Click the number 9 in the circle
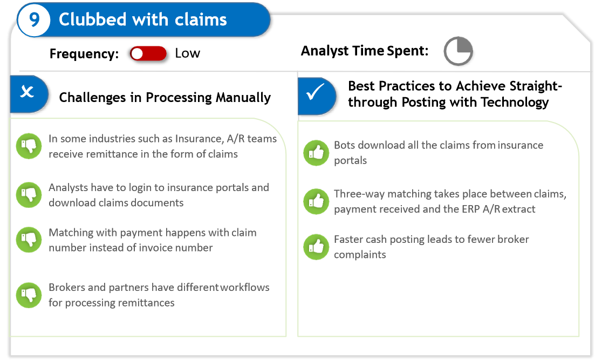34,20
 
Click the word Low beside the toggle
187,53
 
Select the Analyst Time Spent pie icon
458,52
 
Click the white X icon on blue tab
27,93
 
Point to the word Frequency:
84,54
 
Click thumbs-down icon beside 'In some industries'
29,146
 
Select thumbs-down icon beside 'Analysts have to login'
29,195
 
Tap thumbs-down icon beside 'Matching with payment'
29,240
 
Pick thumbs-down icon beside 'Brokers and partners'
29,295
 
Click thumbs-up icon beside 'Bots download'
316,153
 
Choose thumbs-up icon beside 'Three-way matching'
316,201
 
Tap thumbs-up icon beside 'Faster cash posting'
316,247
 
